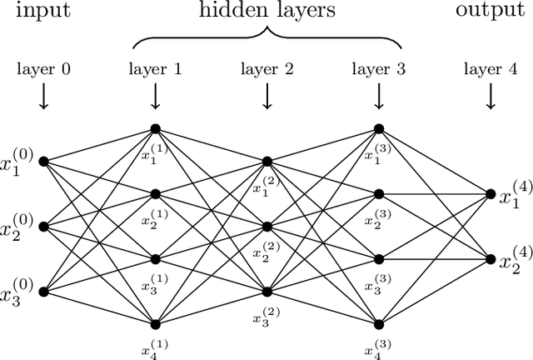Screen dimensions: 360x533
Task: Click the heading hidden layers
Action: coord(266,12)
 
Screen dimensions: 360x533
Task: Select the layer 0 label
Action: coord(43,71)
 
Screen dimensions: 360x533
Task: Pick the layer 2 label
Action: coord(266,71)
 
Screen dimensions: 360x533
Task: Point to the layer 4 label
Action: coord(491,71)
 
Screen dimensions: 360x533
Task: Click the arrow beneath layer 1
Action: coord(155,98)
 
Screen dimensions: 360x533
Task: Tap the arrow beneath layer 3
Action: coord(379,98)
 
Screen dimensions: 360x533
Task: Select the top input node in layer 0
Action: coord(43,161)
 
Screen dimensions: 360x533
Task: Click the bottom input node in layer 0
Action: coord(43,292)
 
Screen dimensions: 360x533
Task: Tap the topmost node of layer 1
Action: coord(155,128)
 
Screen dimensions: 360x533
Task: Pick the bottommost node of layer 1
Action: coord(155,323)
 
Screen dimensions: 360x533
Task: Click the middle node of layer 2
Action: coord(267,226)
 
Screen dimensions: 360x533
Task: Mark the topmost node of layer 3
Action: coord(379,128)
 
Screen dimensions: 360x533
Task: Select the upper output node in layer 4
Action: coord(491,193)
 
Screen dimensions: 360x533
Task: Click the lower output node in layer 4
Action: coord(491,258)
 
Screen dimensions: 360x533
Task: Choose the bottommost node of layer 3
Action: coord(379,323)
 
